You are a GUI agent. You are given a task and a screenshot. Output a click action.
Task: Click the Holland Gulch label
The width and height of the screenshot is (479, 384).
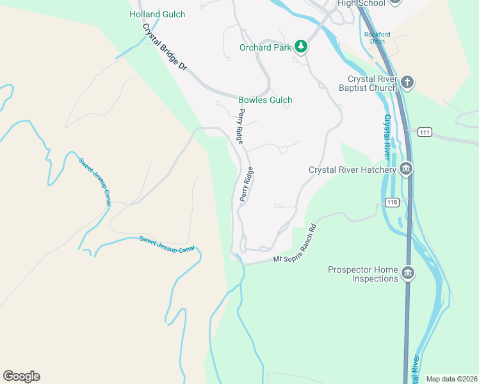coord(157,14)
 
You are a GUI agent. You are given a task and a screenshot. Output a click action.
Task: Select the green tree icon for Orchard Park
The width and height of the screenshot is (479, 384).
coord(301,47)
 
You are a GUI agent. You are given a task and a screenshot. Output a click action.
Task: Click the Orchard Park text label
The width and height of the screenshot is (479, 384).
coord(265,47)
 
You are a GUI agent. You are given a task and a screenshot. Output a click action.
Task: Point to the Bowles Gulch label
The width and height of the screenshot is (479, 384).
coord(265,100)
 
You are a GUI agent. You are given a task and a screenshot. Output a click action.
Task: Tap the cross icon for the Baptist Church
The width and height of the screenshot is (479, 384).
coord(408,83)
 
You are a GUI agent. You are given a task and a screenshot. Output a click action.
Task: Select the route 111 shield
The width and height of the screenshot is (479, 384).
coord(425,132)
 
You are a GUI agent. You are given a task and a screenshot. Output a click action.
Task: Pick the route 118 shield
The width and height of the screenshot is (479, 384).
coord(393,202)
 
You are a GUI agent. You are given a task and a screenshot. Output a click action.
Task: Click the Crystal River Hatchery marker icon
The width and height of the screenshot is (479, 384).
coord(405,170)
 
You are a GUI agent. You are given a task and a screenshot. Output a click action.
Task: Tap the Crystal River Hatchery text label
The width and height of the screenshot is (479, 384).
coord(352,170)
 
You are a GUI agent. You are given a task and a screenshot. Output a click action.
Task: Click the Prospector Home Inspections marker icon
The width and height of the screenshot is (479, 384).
coord(408,274)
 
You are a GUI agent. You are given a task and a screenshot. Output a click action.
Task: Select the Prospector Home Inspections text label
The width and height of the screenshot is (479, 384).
coord(362,274)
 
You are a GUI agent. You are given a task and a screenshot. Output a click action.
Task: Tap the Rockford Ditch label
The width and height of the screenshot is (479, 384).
coord(377,38)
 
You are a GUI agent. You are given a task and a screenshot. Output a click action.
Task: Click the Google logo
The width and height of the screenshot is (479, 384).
coord(21,376)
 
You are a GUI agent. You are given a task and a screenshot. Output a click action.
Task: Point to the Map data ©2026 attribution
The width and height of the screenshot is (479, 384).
coord(451,379)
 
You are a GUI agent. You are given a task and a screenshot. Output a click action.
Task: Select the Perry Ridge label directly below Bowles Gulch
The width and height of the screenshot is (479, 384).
coord(241,125)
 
